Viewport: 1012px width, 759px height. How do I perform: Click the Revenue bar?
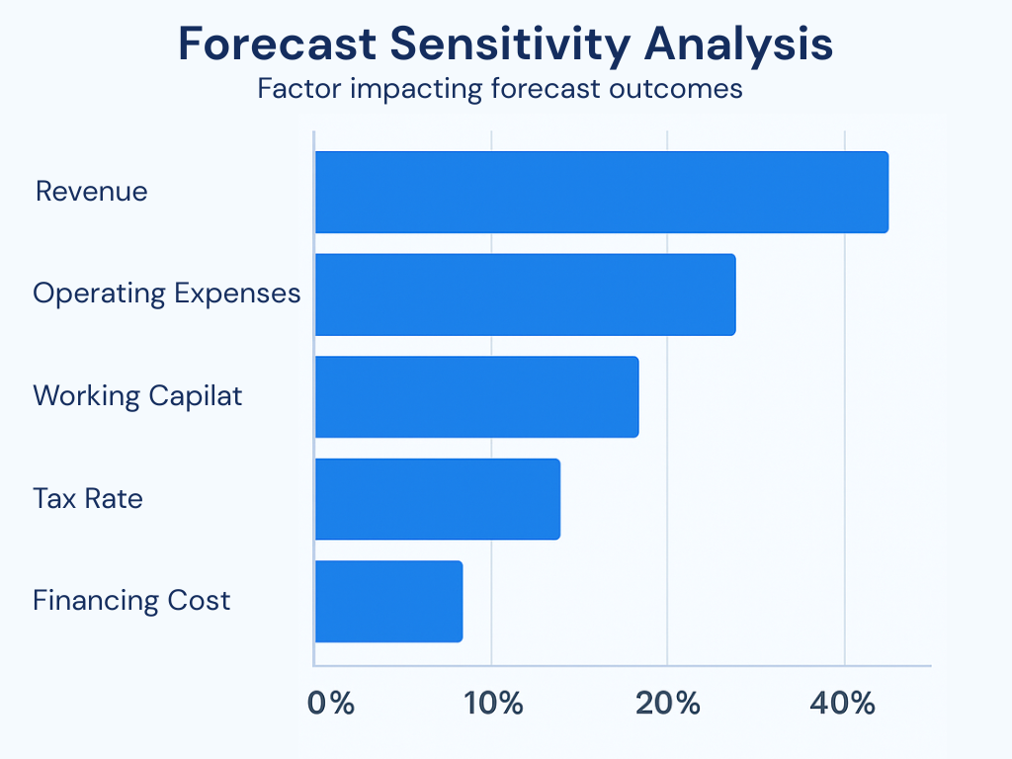pos(601,192)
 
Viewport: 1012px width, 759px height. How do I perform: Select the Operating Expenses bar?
pos(525,295)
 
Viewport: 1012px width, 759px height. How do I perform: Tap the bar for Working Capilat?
pos(476,396)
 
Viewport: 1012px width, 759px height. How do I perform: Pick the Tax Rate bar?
pos(437,499)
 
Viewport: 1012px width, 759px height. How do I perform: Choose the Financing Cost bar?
pos(388,601)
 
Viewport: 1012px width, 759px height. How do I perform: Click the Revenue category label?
pos(91,191)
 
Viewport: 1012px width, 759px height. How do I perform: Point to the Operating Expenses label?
pos(166,294)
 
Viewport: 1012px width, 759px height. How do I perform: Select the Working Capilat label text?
pos(137,396)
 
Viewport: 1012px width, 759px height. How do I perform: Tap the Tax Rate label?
pos(87,498)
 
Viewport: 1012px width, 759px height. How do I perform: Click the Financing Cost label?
pos(131,600)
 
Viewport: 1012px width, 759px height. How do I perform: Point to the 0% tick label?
pos(330,704)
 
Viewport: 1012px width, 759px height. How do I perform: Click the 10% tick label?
pos(492,704)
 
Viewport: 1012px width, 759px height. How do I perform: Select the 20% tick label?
pos(669,704)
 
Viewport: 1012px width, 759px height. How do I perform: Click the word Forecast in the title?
pos(277,45)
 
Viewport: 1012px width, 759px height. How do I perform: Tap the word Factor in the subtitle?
pos(294,88)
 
